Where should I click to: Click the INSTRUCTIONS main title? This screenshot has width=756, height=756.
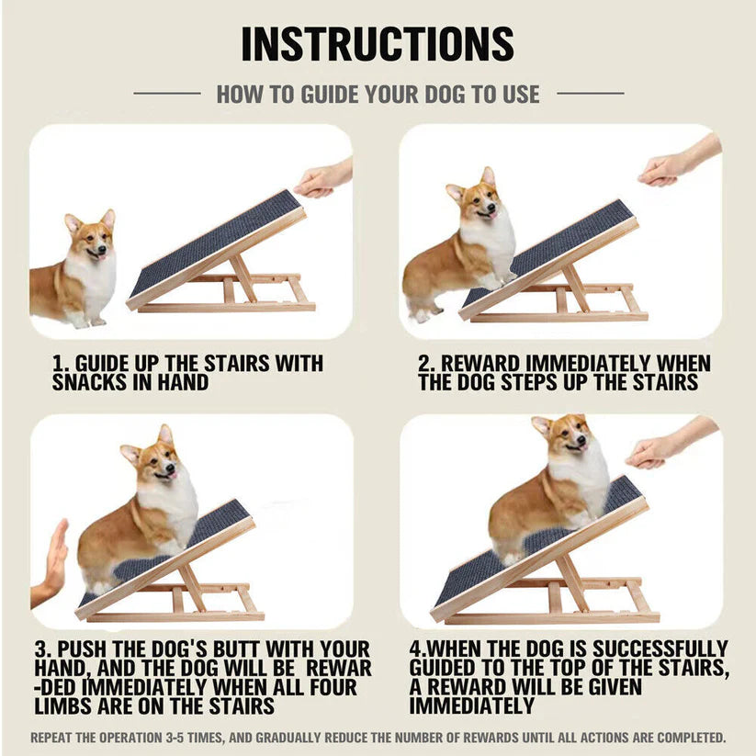[378, 43]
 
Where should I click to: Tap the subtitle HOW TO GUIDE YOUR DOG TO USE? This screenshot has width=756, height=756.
[378, 93]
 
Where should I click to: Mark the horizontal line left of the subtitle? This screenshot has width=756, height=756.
[166, 93]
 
